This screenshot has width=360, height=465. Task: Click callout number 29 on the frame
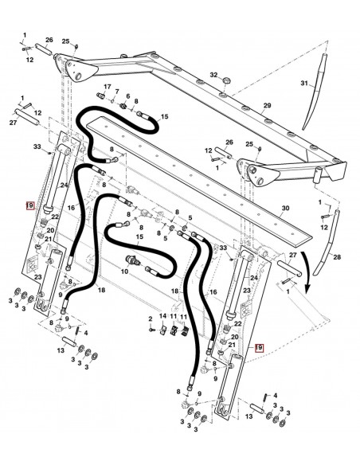267,105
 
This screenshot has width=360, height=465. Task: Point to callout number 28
335,257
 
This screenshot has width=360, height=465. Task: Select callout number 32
213,75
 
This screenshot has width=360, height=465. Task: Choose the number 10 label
123,272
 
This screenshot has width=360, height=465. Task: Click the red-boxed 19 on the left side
29,205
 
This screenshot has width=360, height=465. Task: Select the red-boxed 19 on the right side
258,348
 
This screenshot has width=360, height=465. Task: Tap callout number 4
276,395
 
